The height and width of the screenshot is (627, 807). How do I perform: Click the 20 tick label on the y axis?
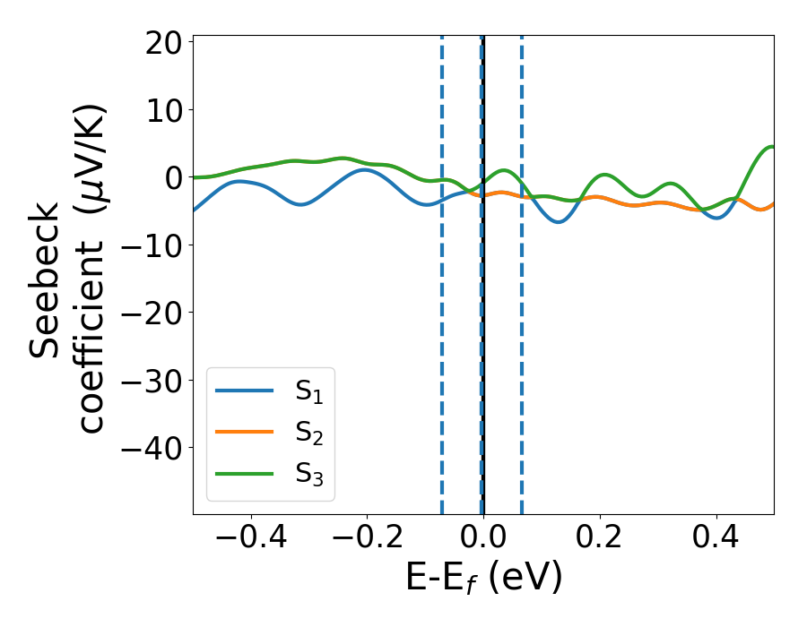[x=161, y=43]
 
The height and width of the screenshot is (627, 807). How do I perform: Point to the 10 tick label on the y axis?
[x=161, y=110]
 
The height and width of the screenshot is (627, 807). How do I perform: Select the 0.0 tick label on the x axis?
[x=483, y=538]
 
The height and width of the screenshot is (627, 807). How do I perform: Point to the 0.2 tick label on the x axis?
[x=600, y=538]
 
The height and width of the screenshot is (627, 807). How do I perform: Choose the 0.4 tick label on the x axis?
[x=716, y=538]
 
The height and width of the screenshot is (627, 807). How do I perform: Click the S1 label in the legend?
[x=309, y=391]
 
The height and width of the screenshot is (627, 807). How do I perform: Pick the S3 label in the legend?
[x=309, y=475]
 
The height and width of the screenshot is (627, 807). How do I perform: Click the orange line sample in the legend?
[x=244, y=433]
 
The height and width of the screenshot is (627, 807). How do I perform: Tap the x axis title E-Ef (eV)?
[x=483, y=578]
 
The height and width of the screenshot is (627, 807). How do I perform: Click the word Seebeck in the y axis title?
[x=47, y=279]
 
